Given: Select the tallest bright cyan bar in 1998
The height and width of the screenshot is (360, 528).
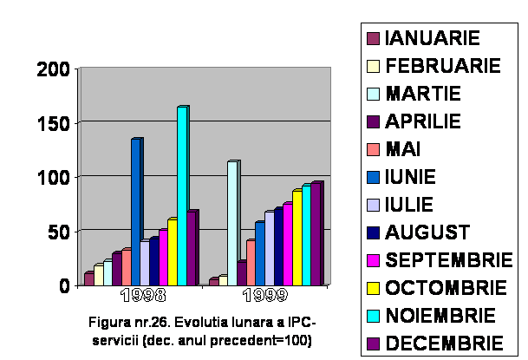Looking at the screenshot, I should (182, 195).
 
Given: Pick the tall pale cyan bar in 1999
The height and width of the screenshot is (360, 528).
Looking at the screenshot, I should (232, 222).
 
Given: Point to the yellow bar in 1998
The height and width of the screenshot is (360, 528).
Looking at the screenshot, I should (173, 252).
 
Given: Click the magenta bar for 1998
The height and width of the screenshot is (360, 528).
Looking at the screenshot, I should (163, 257).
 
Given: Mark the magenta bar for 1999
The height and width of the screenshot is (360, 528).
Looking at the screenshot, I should (288, 244).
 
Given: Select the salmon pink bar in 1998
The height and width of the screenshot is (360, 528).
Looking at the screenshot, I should (126, 267).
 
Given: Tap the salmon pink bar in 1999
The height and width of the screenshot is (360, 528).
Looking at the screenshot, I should (251, 262).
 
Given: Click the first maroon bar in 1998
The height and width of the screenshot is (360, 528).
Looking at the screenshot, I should (88, 278).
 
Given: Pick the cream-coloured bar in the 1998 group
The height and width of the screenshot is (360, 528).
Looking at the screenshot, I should (98, 275).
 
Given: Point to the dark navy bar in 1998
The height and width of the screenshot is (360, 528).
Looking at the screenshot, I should (153, 261).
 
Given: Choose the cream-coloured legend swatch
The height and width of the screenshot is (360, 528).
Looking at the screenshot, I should (373, 66).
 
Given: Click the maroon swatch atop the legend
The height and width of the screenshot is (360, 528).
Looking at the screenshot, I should (373, 38).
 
